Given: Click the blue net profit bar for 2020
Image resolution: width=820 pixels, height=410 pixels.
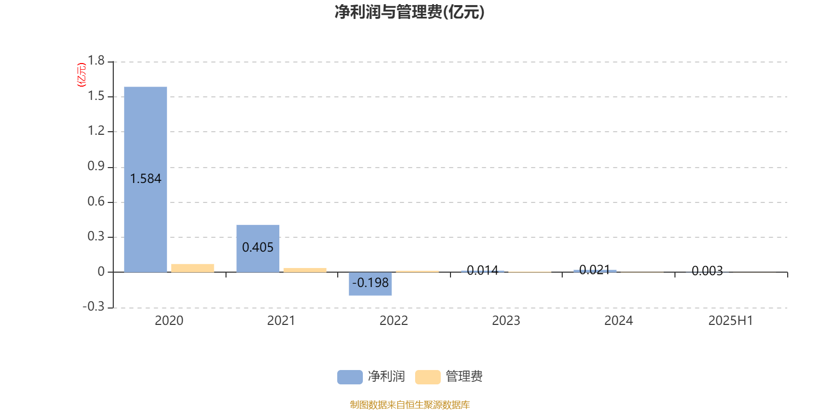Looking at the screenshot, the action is (x=146, y=179).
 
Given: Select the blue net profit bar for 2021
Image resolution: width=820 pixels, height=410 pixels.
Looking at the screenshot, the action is (x=258, y=249).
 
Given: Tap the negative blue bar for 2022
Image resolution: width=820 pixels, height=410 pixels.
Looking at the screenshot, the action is (x=370, y=284).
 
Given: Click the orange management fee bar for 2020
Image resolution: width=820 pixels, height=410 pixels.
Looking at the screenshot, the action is (x=193, y=268).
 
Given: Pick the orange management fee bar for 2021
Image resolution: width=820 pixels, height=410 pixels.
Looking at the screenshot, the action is (x=305, y=270).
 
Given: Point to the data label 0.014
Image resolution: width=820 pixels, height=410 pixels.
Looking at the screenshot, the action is (x=482, y=271).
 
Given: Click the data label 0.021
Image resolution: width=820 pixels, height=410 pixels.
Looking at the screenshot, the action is (x=595, y=270).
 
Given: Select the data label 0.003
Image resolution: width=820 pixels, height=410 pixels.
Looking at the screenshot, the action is (x=707, y=271).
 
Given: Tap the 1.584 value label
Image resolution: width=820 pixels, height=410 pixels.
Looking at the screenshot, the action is (x=146, y=179).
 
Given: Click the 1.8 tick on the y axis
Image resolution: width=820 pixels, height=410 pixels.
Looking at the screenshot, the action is (x=96, y=60).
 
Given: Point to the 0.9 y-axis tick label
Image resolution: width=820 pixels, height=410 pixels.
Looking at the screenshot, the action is (x=96, y=166).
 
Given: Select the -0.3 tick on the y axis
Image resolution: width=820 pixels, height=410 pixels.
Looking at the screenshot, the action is (x=94, y=306).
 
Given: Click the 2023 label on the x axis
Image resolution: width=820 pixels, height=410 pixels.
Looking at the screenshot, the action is (x=506, y=321).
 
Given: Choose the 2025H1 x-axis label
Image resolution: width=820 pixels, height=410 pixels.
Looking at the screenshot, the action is (x=731, y=321).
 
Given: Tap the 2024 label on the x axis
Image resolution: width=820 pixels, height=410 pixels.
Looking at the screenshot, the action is (x=618, y=321).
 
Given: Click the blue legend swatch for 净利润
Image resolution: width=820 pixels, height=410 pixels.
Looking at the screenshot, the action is (x=350, y=377).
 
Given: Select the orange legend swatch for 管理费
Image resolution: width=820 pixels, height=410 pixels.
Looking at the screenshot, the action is (x=427, y=377).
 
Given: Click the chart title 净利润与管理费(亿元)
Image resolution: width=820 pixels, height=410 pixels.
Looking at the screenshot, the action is (x=409, y=12).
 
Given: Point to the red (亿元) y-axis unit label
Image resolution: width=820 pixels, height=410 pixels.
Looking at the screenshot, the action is (x=81, y=75).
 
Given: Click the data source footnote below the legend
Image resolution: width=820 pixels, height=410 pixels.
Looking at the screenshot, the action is (x=409, y=404).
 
